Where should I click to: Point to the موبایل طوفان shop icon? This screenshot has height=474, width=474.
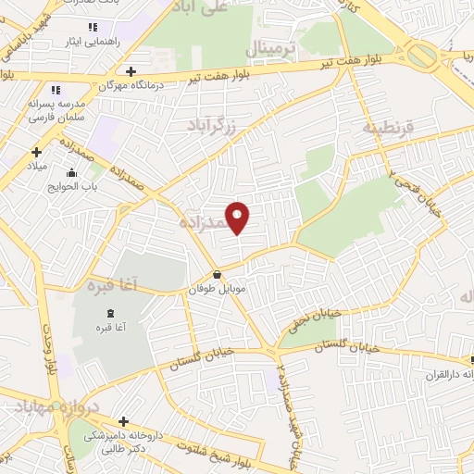[217, 274]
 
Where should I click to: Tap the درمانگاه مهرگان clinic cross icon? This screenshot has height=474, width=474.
[131, 71]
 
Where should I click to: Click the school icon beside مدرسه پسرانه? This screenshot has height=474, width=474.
[55, 91]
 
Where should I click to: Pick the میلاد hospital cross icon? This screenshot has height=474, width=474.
[37, 152]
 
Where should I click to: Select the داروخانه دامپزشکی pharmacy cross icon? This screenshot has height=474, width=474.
[123, 421]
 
